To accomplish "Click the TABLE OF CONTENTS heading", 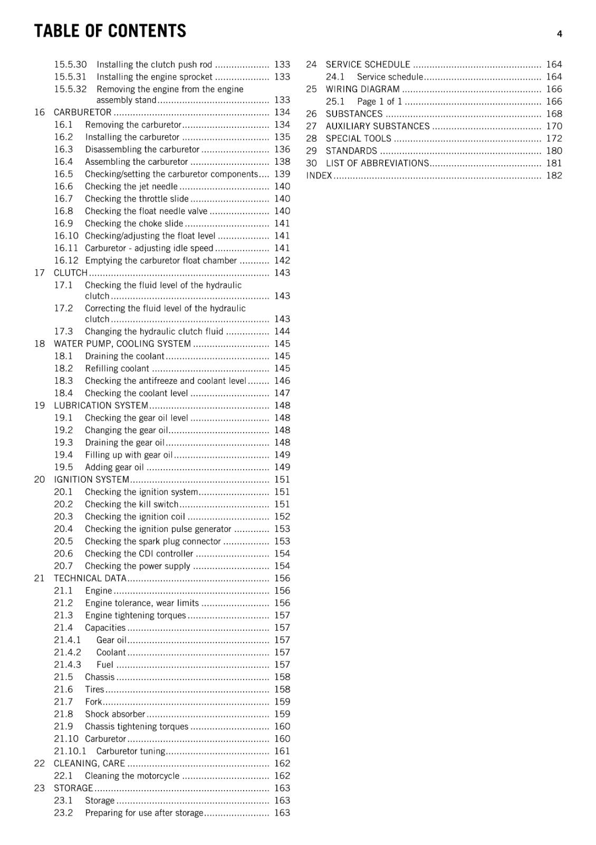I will click(110, 31).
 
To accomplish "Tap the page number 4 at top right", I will click(559, 34).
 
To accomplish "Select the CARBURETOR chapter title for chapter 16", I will click(82, 112).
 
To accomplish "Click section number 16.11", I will click(66, 248).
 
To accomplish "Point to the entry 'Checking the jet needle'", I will click(131, 186).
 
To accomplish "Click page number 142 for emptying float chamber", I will click(282, 260).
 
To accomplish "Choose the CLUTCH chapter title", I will click(71, 273).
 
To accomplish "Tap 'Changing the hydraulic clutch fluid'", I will click(154, 332).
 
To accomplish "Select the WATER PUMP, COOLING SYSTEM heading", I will click(122, 344).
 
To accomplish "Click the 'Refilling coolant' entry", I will click(117, 369).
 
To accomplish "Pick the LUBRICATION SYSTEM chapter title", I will click(101, 406).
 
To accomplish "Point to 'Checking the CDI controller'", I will click(139, 554).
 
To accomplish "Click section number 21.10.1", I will click(70, 751).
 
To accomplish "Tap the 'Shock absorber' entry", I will click(115, 714).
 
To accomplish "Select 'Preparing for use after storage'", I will click(144, 813).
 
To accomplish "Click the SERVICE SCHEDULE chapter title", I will click(368, 64).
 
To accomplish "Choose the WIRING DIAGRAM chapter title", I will click(362, 89).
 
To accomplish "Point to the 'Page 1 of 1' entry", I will click(379, 101).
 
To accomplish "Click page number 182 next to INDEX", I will click(554, 176).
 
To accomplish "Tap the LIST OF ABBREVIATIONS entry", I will click(377, 163).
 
